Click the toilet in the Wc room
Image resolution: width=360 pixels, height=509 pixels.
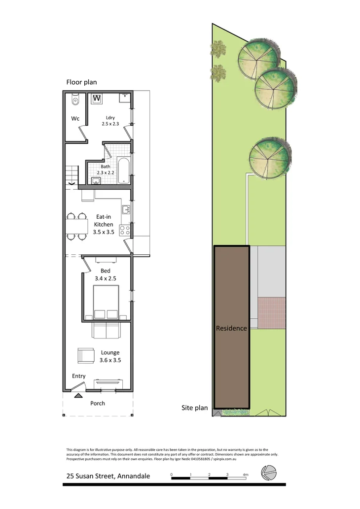(x=75, y=102)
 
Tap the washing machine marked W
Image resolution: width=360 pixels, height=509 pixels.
(x=97, y=99)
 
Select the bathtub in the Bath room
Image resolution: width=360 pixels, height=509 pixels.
(x=123, y=170)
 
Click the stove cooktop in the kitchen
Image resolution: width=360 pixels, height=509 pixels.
(x=125, y=229)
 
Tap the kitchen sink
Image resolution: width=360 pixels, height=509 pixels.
(x=126, y=209)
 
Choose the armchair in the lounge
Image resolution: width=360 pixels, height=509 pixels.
(x=86, y=355)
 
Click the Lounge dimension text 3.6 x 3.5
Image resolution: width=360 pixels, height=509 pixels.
(x=110, y=360)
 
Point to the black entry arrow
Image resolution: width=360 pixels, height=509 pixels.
(x=77, y=395)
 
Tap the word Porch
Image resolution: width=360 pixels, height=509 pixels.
(x=97, y=403)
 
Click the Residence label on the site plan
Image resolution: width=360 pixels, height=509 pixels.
(x=231, y=328)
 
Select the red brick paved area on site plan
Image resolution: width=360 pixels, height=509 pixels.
(x=272, y=312)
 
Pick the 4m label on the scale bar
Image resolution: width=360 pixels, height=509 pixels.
(x=245, y=475)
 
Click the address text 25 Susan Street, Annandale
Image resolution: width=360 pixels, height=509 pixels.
(x=108, y=476)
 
